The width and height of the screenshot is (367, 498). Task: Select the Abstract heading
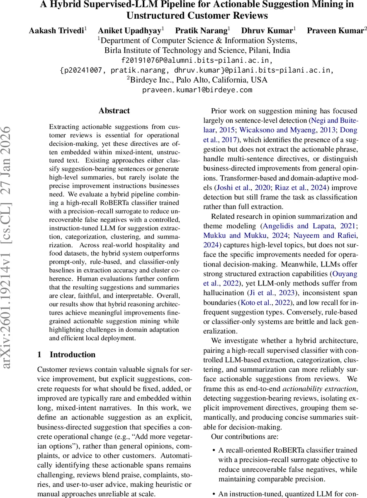(x=114, y=111)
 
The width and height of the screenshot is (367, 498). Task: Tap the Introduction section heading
(x=72, y=354)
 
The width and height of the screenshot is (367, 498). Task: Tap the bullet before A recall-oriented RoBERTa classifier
(x=213, y=450)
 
